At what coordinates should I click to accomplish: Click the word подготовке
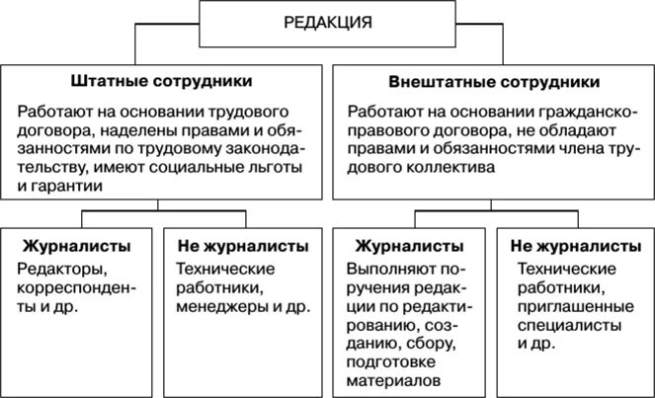[x=395, y=362]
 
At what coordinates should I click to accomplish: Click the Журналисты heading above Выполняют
[x=405, y=245]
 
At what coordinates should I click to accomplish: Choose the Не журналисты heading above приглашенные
[x=574, y=245]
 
